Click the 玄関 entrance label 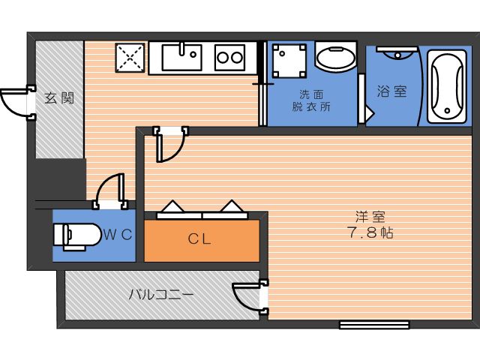59,98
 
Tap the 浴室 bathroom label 391,91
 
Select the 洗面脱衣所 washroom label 311,100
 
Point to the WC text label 118,235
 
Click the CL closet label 199,239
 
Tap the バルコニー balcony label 161,295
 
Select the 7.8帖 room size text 370,232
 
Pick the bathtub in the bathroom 447,87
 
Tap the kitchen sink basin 181,57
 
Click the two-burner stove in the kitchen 230,58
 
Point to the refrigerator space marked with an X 130,58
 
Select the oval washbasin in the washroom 336,57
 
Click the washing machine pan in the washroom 289,61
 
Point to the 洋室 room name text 370,217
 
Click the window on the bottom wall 374,325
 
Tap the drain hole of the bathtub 447,110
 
